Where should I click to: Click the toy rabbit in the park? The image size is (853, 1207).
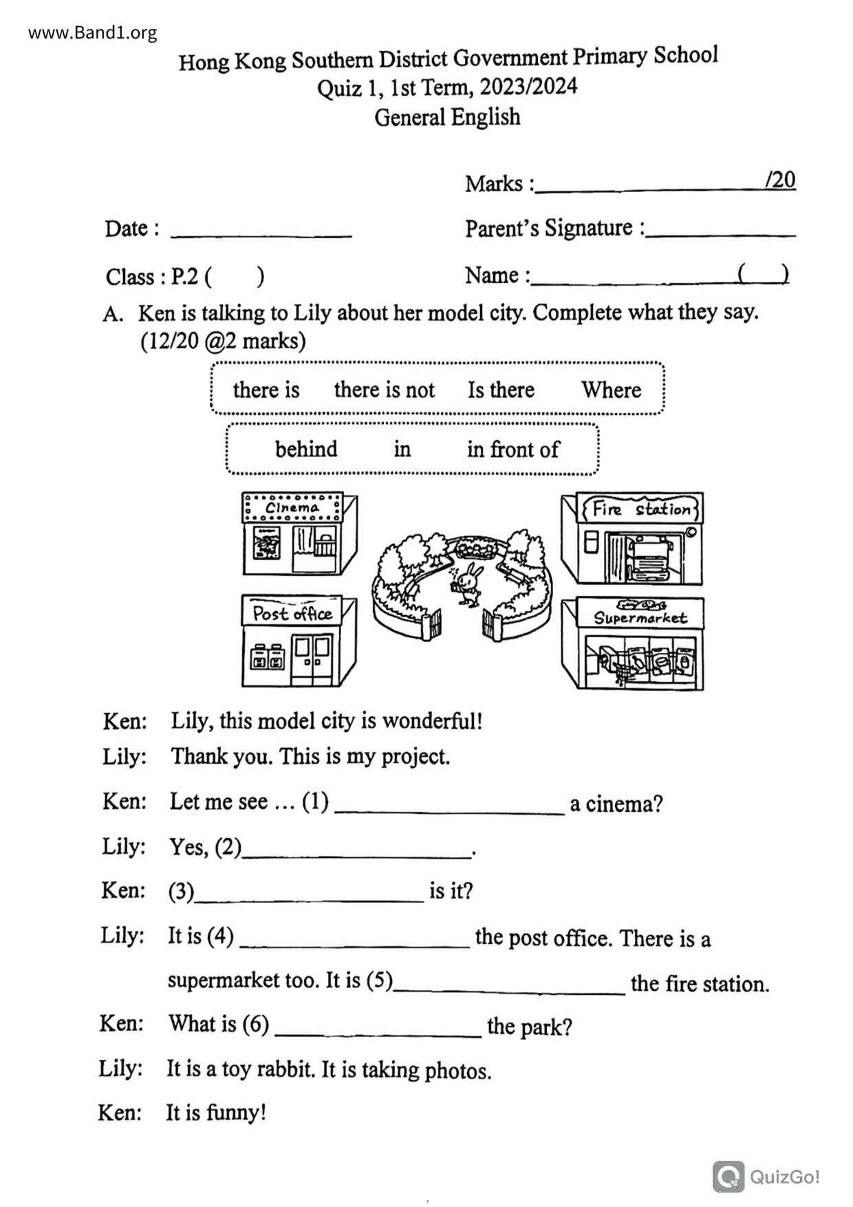(x=468, y=584)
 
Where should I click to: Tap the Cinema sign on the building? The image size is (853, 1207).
(x=292, y=508)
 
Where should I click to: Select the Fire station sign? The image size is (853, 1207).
(x=640, y=509)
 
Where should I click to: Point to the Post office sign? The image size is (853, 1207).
(x=292, y=613)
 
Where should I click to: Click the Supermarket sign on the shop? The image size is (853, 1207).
(x=640, y=617)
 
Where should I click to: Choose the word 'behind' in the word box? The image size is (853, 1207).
(x=306, y=449)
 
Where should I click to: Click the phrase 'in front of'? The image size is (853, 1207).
(x=512, y=449)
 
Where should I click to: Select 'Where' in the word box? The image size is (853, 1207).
(x=611, y=390)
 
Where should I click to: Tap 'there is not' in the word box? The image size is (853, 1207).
(x=384, y=390)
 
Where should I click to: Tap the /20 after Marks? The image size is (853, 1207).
(x=780, y=180)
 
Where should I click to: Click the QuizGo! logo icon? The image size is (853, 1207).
(x=728, y=1176)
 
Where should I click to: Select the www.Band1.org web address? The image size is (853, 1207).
(x=92, y=32)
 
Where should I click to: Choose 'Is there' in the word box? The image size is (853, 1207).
(x=501, y=390)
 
